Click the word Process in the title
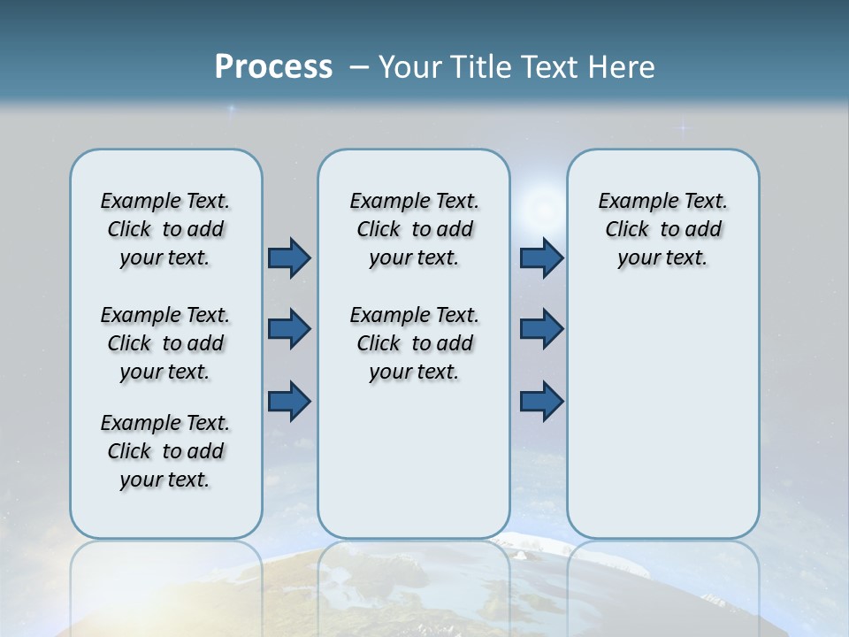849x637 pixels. click(273, 67)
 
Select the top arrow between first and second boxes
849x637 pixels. click(289, 258)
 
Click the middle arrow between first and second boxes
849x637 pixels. click(289, 329)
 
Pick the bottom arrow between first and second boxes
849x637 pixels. click(289, 401)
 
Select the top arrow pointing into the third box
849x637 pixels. click(541, 258)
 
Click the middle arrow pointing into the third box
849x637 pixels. click(541, 329)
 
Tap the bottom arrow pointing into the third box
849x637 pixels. click(541, 401)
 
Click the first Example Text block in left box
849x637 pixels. click(165, 229)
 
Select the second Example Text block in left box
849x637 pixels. click(165, 343)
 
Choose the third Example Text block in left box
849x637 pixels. click(165, 451)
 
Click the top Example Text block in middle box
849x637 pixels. click(414, 229)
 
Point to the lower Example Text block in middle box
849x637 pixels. click(414, 343)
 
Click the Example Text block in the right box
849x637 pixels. click(662, 229)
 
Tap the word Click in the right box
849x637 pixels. click(627, 230)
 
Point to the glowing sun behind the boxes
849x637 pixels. click(538, 209)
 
